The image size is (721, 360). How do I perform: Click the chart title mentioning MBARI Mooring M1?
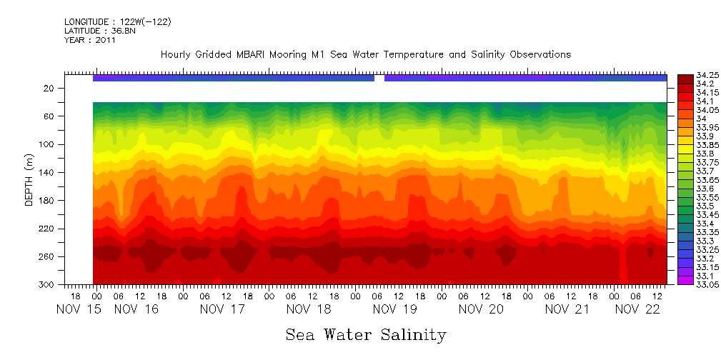pos(366,55)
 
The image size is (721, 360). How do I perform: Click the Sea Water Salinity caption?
pos(366,334)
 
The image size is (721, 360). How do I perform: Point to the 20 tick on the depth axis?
pos(49,89)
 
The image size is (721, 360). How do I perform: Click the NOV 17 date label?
pos(222,309)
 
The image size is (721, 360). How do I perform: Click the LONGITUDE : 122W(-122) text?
pos(117,22)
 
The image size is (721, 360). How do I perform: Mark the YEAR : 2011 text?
pos(90,41)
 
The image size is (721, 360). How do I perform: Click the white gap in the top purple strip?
pos(379,78)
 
